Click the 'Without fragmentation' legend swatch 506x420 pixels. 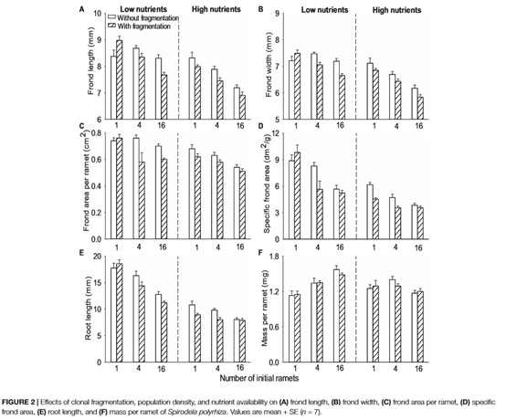(112, 17)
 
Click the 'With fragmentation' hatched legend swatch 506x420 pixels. (112, 26)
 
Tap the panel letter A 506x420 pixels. (82, 9)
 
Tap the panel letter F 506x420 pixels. (261, 253)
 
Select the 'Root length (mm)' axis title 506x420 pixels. (88, 309)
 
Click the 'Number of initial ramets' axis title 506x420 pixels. (259, 378)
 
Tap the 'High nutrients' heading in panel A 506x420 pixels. (216, 9)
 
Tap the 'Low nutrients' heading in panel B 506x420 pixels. (324, 10)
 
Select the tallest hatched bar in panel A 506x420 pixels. (120, 79)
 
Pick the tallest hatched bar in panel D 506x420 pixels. (297, 195)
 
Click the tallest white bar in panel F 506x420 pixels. (337, 316)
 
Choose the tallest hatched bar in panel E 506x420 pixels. (120, 313)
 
